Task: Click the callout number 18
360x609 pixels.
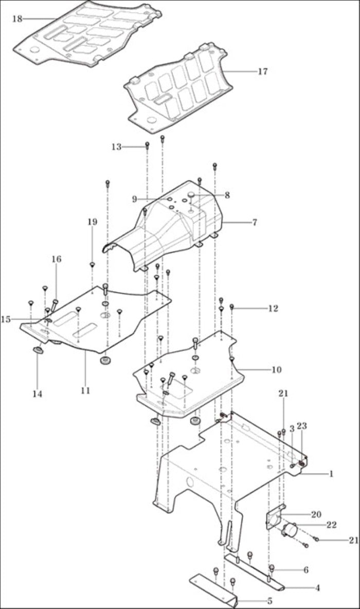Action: coord(17,19)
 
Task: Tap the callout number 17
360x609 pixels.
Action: coord(263,71)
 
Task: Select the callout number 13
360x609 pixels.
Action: coord(117,147)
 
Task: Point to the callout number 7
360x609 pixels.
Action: coord(255,223)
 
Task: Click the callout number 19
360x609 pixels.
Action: coord(92,222)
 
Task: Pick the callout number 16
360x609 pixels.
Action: coord(57,259)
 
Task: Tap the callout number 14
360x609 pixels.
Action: coord(37,394)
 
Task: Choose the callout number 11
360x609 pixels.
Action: coord(85,390)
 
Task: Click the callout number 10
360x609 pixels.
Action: coord(276,369)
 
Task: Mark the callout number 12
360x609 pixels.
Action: coord(274,309)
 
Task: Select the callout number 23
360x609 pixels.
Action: coord(302,426)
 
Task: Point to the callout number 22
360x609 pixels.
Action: coord(332,525)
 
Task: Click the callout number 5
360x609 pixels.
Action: coord(269,601)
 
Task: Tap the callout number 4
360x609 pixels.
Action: coord(317,588)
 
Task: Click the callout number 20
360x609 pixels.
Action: coord(316,514)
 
